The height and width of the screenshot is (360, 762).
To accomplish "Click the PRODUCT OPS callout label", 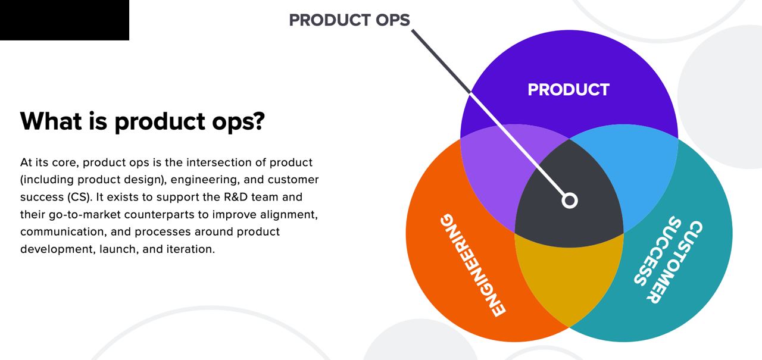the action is pyautogui.click(x=349, y=20).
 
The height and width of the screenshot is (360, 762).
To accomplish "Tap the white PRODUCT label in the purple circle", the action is pyautogui.click(x=569, y=90).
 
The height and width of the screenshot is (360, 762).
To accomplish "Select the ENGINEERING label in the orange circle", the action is pyautogui.click(x=473, y=265).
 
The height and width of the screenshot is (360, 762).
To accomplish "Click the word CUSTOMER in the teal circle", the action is pyautogui.click(x=674, y=262).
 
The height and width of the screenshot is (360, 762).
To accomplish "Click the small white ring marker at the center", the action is pyautogui.click(x=570, y=200).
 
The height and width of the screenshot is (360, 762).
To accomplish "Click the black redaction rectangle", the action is pyautogui.click(x=65, y=20).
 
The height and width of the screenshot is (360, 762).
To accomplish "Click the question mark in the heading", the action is pyautogui.click(x=258, y=121).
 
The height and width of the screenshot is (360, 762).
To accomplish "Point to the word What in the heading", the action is pyautogui.click(x=51, y=121).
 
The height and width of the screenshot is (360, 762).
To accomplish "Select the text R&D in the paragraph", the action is pyautogui.click(x=235, y=197).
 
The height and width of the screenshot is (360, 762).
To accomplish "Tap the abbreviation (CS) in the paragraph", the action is pyautogui.click(x=80, y=198).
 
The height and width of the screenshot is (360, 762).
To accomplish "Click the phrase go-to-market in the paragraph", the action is pyautogui.click(x=85, y=215).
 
